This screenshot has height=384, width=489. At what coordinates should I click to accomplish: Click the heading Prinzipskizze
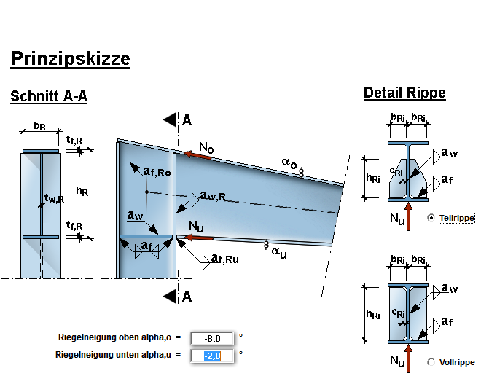pyautogui.click(x=70, y=58)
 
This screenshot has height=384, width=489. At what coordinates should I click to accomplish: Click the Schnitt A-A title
pyautogui.click(x=49, y=96)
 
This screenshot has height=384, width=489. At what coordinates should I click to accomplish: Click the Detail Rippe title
pyautogui.click(x=404, y=93)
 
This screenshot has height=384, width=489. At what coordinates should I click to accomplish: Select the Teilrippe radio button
pyautogui.click(x=432, y=217)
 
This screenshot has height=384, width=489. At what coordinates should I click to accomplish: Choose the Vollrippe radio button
pyautogui.click(x=432, y=361)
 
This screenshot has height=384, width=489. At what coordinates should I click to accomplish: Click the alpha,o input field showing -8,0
pyautogui.click(x=211, y=338)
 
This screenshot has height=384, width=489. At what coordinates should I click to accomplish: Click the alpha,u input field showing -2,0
pyautogui.click(x=211, y=356)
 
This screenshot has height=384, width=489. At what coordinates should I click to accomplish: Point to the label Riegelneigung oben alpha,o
pyautogui.click(x=114, y=338)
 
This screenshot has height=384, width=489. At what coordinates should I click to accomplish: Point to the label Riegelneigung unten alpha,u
pyautogui.click(x=114, y=356)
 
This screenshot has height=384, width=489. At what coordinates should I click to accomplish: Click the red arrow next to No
pyautogui.click(x=197, y=154)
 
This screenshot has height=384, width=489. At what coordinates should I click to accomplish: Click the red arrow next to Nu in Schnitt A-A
pyautogui.click(x=199, y=237)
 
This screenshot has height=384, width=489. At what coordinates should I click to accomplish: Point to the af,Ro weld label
pyautogui.click(x=157, y=172)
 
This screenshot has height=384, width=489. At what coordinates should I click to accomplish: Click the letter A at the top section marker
pyautogui.click(x=187, y=120)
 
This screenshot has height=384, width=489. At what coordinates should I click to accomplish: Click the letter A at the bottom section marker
pyautogui.click(x=187, y=296)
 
